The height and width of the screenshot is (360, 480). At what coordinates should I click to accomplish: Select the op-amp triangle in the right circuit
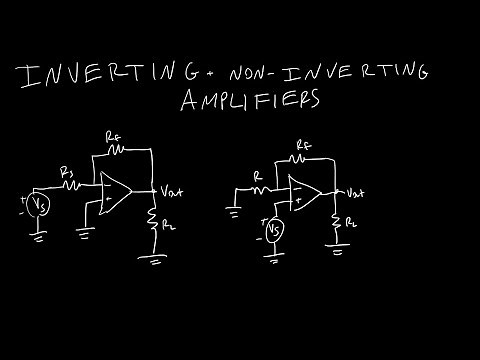(x=306, y=193)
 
